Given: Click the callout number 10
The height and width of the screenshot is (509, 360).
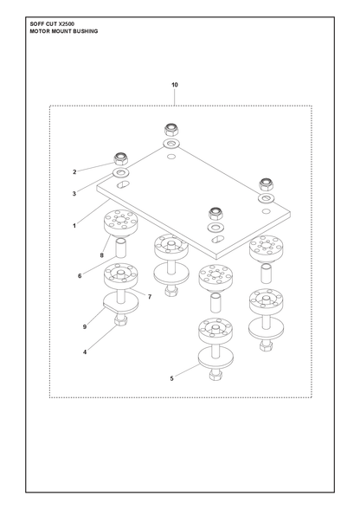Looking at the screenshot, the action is tap(175, 85).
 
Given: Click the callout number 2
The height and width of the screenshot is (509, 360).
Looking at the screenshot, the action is tap(74, 171).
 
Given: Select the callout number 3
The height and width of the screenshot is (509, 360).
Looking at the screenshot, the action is tap(74, 194).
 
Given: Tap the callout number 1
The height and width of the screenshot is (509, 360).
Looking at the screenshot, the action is tap(74, 225).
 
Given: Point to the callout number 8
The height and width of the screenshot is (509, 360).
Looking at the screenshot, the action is tap(101, 255).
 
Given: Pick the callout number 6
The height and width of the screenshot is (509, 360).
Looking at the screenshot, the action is tap(80, 276).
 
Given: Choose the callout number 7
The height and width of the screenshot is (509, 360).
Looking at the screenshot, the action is tap(150, 297).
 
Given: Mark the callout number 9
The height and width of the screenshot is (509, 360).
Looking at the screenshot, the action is tap(85, 326).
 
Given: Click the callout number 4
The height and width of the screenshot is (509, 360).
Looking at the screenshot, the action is tap(85, 351).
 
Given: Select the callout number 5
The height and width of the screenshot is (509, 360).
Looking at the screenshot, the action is tap(171, 378).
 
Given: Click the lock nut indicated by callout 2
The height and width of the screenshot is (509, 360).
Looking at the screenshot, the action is tap(121, 158).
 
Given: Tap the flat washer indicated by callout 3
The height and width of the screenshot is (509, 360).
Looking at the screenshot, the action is tap(120, 173).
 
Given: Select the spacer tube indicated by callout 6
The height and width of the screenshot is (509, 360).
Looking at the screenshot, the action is tap(121, 248).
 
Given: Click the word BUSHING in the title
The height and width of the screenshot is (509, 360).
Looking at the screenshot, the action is tap(86, 31).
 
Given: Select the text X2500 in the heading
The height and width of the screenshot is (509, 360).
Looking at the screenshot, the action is tap(67, 24).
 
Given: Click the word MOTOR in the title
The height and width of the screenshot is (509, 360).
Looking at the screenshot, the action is tap(38, 31).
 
